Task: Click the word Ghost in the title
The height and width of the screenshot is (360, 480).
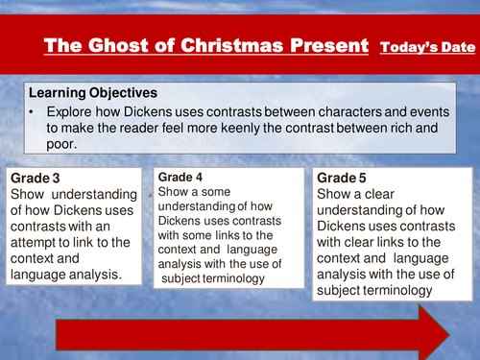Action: pos(134,45)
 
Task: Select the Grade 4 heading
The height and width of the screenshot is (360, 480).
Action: pos(180,178)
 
